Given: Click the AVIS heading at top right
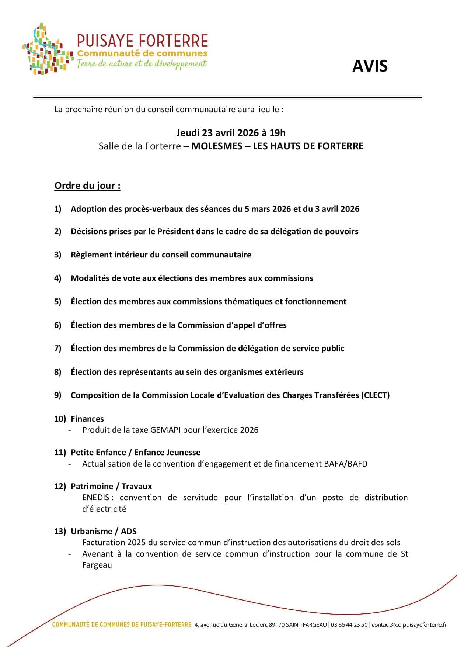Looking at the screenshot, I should (370, 66).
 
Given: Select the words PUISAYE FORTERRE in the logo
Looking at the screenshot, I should (142, 41).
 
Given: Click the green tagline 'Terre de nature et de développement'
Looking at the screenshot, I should (142, 63).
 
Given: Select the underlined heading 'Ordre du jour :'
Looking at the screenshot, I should (87, 186).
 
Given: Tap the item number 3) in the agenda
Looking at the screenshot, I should (58, 255).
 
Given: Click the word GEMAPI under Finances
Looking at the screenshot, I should (165, 430).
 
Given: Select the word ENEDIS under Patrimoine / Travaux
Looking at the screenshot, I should (96, 498).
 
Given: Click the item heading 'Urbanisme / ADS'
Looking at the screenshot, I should (104, 532).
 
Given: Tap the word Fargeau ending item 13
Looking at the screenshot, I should (97, 565).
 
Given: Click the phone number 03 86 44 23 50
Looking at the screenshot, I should (349, 625).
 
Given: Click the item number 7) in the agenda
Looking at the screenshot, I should (58, 349).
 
